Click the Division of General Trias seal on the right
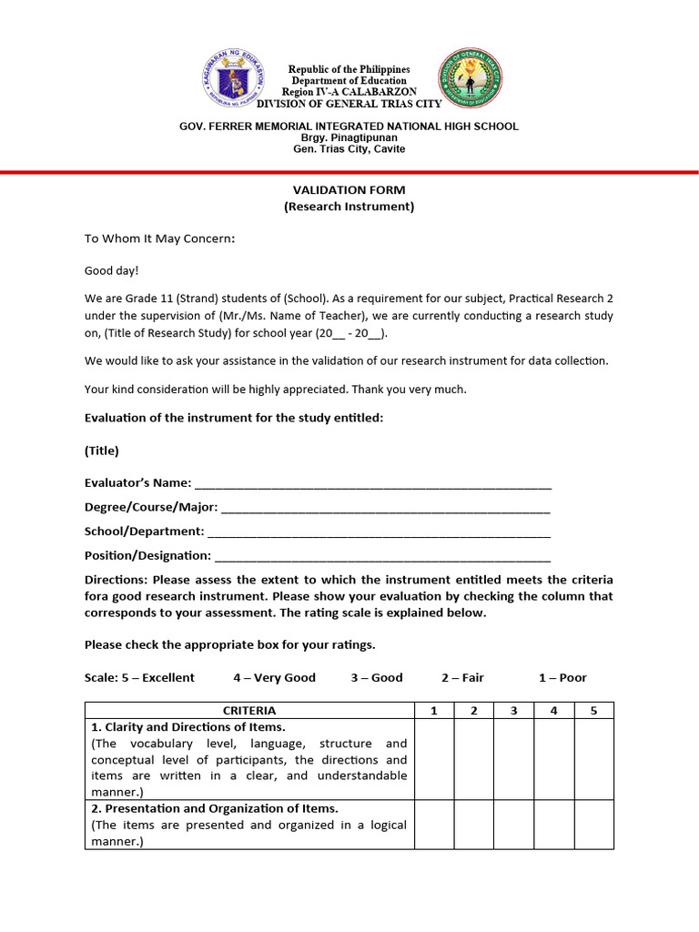470,79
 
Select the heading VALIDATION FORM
349,190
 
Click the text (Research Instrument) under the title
349,207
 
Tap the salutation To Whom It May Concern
159,238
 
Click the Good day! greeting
112,270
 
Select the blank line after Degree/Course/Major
386,507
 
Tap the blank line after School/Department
379,532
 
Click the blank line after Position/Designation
382,555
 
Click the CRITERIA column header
249,710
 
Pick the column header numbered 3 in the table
513,710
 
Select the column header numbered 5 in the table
593,710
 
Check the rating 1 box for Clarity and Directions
434,759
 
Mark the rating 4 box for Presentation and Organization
553,825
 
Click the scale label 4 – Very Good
274,677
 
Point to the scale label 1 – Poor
562,677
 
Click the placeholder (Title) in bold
102,451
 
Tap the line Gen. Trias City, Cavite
349,149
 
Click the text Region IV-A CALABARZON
349,92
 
